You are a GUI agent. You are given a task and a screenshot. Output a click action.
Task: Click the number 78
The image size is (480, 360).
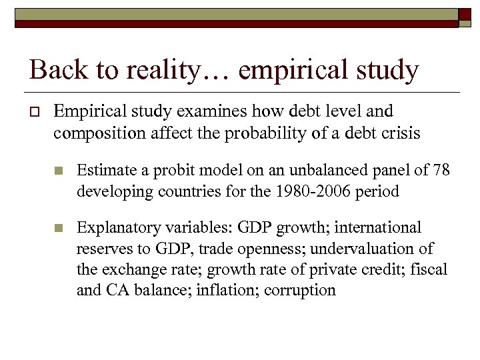(441, 171)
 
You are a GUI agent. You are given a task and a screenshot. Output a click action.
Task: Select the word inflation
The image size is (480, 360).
(227, 290)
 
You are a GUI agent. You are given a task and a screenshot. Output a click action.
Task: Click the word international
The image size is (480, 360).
(378, 228)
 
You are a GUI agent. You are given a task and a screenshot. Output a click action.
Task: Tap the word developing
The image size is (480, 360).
(114, 191)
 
